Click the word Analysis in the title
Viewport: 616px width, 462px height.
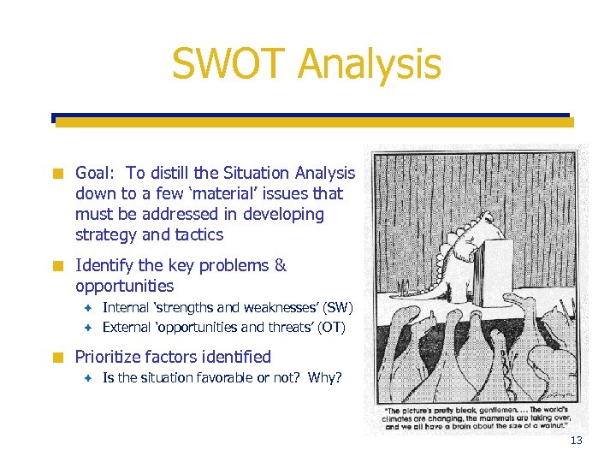tap(372, 66)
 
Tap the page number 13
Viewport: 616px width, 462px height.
tap(576, 441)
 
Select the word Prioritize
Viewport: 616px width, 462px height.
tap(112, 358)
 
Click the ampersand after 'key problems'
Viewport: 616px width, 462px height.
tap(280, 266)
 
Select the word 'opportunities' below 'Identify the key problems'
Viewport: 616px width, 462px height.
tap(124, 287)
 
